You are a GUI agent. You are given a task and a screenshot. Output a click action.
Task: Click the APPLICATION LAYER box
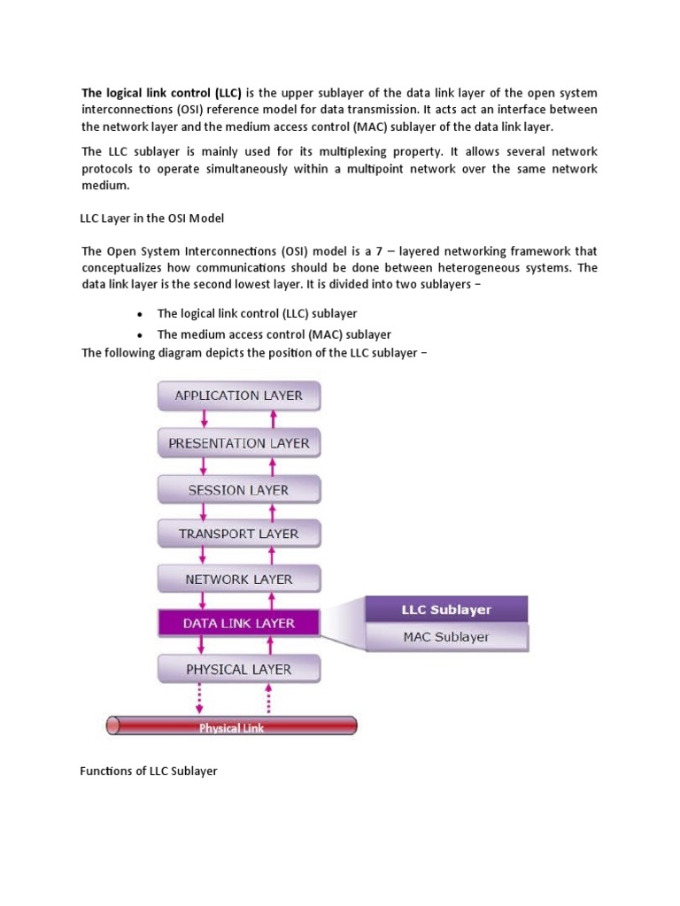tap(239, 395)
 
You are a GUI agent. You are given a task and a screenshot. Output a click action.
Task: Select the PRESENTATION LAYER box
tap(239, 442)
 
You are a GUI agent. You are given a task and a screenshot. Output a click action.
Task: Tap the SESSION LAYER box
tap(239, 489)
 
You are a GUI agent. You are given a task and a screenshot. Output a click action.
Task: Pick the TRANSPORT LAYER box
tap(239, 534)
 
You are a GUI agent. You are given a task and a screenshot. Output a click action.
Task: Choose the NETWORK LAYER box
tap(239, 580)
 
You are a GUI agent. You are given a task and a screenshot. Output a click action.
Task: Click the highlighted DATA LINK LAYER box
tap(239, 623)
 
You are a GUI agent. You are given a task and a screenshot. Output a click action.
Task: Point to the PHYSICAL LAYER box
tap(239, 669)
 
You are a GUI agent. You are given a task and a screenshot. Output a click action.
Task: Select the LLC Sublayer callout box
tap(446, 610)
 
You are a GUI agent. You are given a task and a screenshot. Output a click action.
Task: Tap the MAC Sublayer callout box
tap(446, 636)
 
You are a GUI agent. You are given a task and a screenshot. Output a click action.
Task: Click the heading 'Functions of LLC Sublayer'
tap(149, 772)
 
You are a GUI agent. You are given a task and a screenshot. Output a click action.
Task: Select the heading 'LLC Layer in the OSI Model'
tap(157, 219)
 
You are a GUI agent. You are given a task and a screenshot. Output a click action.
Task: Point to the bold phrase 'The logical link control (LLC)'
tap(162, 92)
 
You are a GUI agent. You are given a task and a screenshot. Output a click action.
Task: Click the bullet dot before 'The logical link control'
tap(141, 314)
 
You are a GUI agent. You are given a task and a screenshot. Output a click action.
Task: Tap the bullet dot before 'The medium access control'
tap(141, 335)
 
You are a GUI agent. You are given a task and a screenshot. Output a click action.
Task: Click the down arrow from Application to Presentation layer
tap(204, 418)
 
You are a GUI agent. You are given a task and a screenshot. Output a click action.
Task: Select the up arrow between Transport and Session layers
tap(271, 511)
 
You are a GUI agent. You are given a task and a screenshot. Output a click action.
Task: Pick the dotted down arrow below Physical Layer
tap(199, 696)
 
